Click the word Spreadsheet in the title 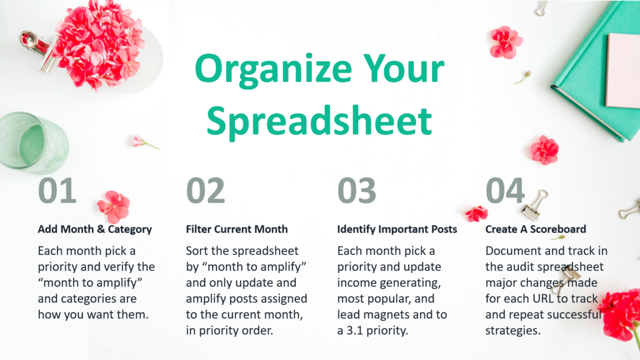[x=319, y=121]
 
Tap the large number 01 [x=57, y=190]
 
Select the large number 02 [x=205, y=190]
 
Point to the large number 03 [x=357, y=190]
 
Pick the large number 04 [x=505, y=190]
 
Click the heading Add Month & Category [x=95, y=229]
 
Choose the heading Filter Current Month [x=237, y=229]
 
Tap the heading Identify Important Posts [x=397, y=229]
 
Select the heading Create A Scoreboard [x=536, y=229]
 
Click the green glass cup [x=32, y=141]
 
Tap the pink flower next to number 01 [x=114, y=206]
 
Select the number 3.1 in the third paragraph [x=355, y=330]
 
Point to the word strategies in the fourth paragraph [x=513, y=331]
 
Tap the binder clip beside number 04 [x=535, y=205]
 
